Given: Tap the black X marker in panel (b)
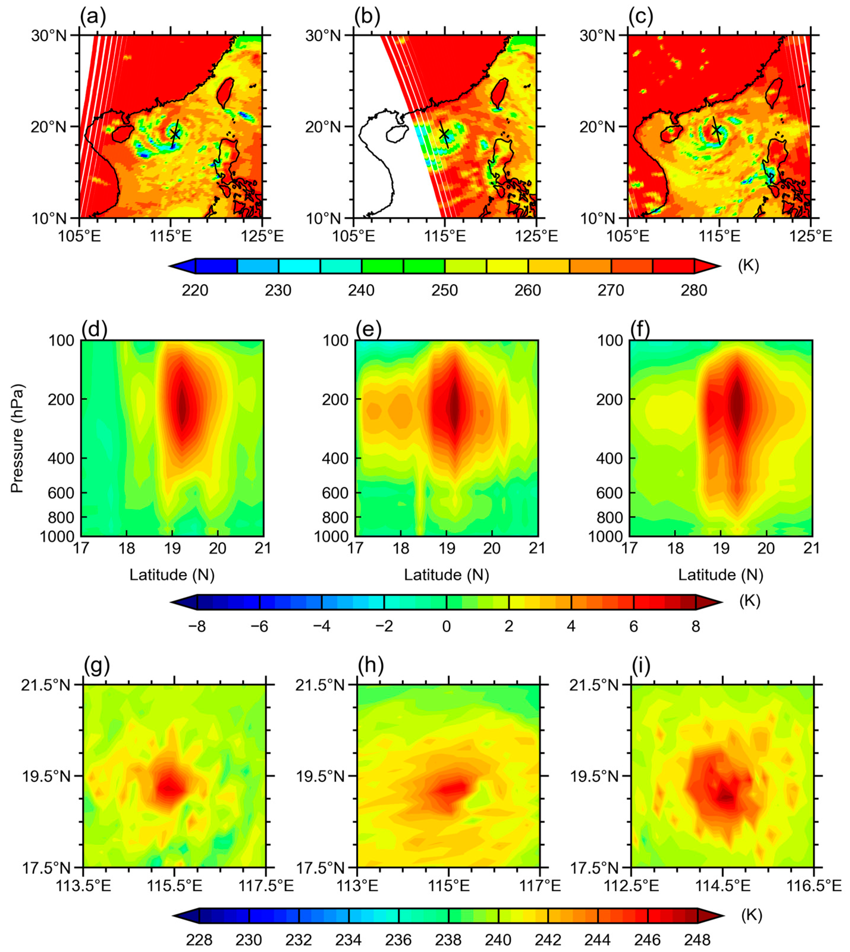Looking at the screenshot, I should pyautogui.click(x=444, y=134).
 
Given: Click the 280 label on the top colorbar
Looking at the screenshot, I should pyautogui.click(x=694, y=290).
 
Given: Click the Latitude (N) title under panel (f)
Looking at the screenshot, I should pyautogui.click(x=721, y=575).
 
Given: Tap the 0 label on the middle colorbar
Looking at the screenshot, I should pyautogui.click(x=447, y=627).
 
